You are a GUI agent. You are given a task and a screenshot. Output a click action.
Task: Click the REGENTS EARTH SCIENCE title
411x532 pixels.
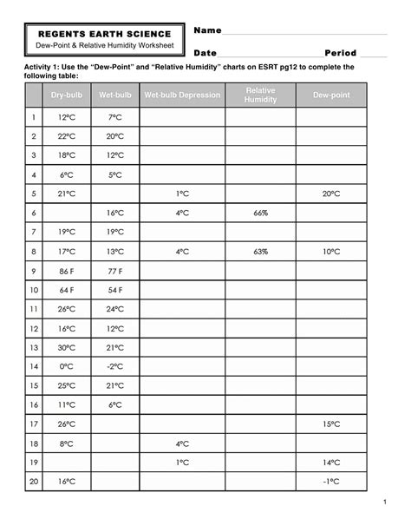click(103, 32)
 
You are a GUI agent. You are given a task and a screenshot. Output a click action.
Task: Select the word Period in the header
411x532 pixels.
click(340, 53)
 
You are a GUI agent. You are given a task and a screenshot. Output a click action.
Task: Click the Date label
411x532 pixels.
click(205, 53)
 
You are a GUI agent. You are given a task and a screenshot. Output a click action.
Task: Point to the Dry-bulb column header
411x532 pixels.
click(66, 95)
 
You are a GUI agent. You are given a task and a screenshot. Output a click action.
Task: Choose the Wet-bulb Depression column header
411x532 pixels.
click(182, 95)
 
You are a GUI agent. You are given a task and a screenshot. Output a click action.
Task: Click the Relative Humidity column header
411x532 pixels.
click(260, 95)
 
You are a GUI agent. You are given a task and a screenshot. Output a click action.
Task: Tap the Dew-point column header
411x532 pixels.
click(330, 95)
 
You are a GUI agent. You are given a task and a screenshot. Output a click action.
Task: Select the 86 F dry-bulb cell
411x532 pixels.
click(67, 271)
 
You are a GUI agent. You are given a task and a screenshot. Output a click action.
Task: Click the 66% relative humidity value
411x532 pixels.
click(261, 213)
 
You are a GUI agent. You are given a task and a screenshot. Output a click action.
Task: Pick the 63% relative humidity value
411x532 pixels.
click(261, 251)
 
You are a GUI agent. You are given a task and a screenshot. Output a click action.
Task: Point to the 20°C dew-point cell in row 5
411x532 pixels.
click(330, 194)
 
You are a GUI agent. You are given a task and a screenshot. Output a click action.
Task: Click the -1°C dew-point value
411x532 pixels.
click(330, 482)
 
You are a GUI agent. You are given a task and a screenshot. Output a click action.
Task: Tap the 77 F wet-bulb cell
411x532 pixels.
click(114, 271)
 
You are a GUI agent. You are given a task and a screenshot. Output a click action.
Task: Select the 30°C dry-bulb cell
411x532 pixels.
click(67, 347)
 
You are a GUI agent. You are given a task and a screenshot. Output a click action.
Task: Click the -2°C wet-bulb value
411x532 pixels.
click(114, 366)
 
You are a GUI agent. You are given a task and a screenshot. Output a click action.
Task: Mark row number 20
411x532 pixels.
click(34, 482)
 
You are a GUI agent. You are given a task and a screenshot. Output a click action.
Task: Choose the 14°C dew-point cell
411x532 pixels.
click(330, 463)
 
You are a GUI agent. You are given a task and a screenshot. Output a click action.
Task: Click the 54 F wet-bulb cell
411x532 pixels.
click(114, 290)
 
